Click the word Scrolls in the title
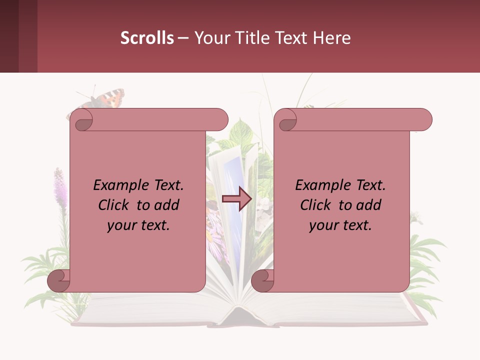point(147,37)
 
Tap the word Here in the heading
point(332,37)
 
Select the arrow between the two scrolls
point(236,199)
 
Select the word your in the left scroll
point(121,225)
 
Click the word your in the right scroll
point(323,225)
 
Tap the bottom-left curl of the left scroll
point(59,280)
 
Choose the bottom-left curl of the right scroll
point(262,280)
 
